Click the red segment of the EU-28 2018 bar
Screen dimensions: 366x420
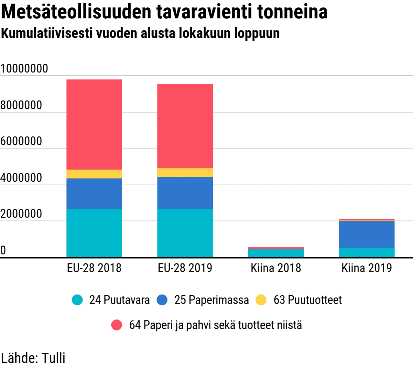[94, 124]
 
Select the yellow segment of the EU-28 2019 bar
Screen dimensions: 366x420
[185, 173]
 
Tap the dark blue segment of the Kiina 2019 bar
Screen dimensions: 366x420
[366, 234]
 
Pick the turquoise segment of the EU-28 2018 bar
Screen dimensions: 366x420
[94, 233]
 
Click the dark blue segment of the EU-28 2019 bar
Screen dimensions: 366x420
[185, 193]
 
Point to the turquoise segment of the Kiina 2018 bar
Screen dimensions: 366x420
[276, 253]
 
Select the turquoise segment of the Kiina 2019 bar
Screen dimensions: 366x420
[366, 253]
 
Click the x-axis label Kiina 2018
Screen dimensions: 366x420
[276, 268]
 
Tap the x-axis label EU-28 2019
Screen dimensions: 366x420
[185, 268]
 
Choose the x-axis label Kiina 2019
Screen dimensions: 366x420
[366, 268]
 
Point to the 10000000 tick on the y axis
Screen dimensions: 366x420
[24, 69]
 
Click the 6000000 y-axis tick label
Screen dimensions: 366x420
[21, 141]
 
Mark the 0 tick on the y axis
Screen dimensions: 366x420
[3, 250]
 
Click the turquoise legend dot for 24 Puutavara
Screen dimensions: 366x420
[77, 300]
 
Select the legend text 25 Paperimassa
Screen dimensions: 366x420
[211, 300]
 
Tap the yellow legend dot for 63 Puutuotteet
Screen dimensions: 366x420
[261, 300]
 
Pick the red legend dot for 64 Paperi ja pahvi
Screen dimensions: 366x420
[117, 325]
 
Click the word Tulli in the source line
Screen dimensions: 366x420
[54, 358]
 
